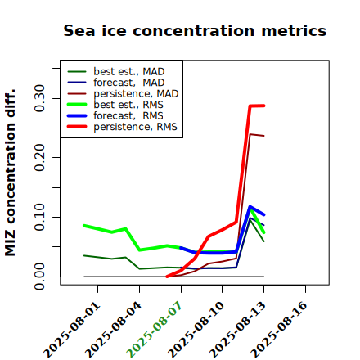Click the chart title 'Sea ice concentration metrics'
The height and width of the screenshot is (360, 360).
195,30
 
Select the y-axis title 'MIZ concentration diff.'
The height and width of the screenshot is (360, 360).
10,173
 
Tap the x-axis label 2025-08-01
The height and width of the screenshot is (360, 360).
71,330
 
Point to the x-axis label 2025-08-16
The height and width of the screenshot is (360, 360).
279,330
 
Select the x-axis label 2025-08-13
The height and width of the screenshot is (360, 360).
237,330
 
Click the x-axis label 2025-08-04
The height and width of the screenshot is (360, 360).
113,330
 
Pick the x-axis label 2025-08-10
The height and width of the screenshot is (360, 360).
196,330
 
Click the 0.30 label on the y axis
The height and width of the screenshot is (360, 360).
39,98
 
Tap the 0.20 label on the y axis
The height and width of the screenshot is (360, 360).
39,157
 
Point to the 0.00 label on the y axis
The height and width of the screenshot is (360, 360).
39,277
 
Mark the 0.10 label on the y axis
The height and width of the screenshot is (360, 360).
39,217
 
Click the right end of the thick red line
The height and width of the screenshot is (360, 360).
264,106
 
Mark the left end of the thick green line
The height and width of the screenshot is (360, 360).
84,226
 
